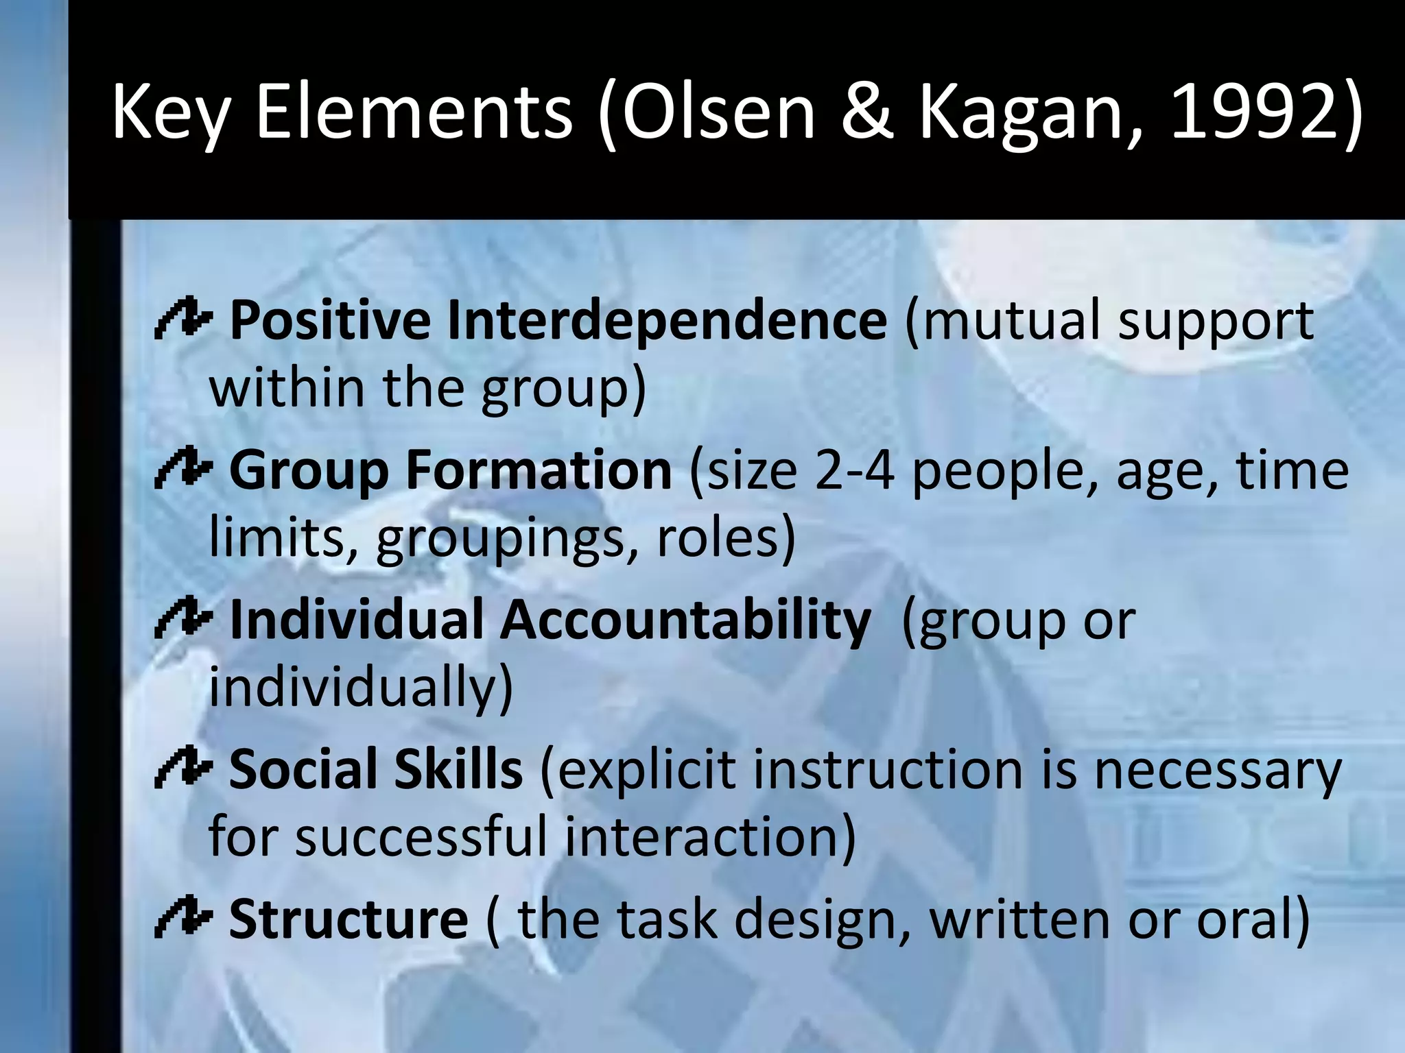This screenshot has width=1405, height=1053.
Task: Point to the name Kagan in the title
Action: tap(1022, 113)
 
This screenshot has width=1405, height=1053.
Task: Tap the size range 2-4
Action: tap(855, 470)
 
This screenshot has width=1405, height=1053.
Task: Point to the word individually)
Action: tap(361, 687)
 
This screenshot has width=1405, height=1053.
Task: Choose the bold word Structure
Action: tap(349, 919)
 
